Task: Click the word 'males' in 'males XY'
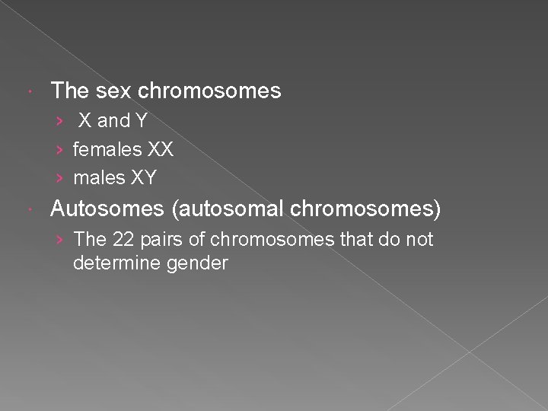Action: click(x=97, y=178)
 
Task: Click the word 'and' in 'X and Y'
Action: click(x=114, y=121)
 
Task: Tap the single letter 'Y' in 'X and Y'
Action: click(x=141, y=121)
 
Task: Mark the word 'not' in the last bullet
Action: click(x=418, y=239)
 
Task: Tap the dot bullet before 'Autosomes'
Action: click(x=28, y=209)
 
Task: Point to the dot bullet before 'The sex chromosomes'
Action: click(x=28, y=92)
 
